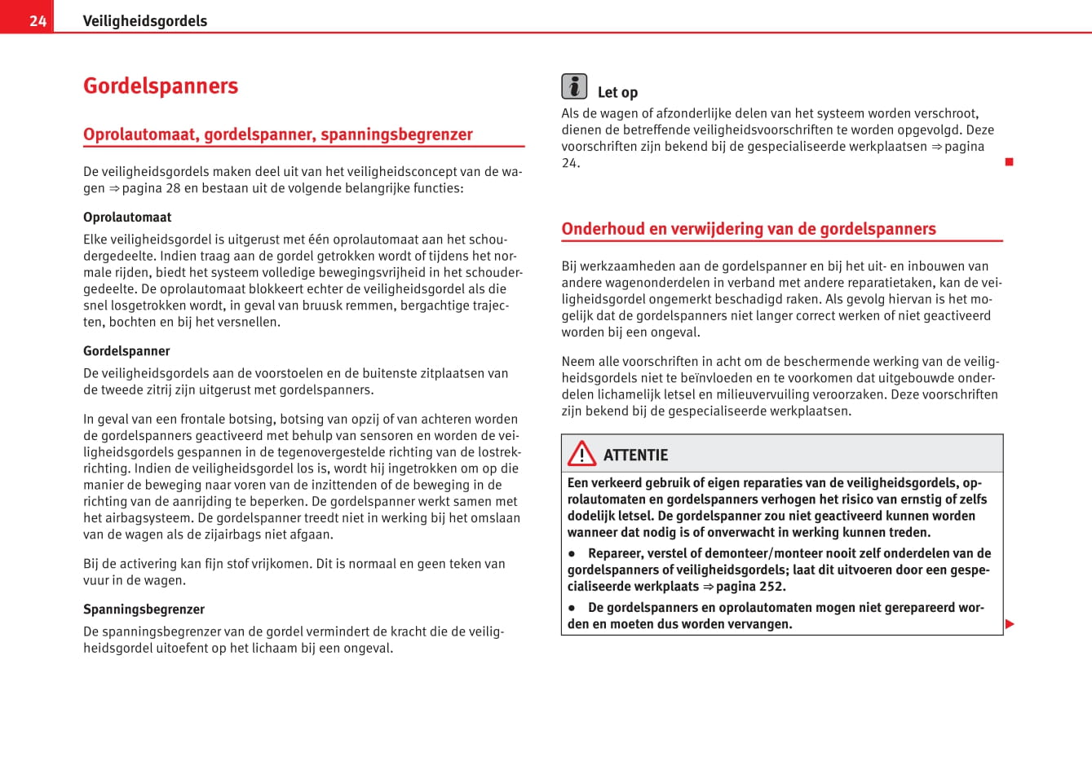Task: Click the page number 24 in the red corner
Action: [38, 21]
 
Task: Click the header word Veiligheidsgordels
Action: [144, 21]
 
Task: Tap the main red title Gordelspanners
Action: [161, 86]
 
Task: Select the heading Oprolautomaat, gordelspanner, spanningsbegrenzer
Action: [277, 134]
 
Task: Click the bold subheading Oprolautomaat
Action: [127, 218]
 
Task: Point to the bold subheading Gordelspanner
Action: [126, 351]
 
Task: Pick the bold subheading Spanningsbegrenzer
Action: [144, 609]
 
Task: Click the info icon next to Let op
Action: [574, 86]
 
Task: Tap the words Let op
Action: [617, 93]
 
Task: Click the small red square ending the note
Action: [1009, 162]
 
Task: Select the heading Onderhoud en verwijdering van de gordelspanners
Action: [748, 229]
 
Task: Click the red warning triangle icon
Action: [582, 453]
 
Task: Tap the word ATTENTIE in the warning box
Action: [635, 455]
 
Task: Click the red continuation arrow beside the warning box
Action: [1010, 624]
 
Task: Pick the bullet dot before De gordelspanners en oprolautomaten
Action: [573, 608]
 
